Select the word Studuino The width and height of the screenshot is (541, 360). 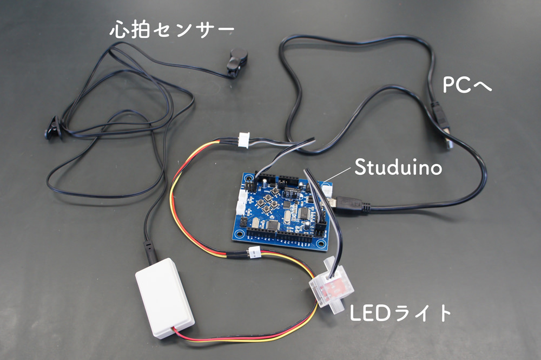click(398, 168)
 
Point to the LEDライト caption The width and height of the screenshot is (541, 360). click(401, 313)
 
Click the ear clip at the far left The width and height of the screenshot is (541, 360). click(54, 127)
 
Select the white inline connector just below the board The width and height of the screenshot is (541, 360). click(254, 252)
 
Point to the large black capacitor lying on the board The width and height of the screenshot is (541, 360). click(292, 192)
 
